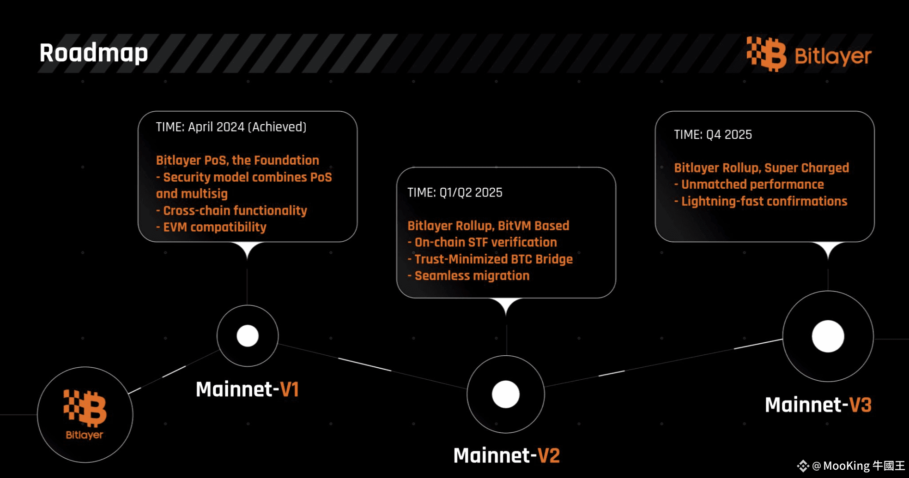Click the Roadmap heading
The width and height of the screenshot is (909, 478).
click(x=94, y=54)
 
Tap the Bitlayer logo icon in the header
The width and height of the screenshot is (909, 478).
click(x=767, y=54)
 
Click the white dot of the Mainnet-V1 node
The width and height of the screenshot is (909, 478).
click(x=248, y=336)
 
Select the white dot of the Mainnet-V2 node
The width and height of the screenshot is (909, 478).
click(x=506, y=394)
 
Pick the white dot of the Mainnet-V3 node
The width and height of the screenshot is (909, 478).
click(x=828, y=336)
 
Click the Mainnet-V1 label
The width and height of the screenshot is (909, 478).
click(x=247, y=389)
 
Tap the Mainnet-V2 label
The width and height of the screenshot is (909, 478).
click(x=507, y=455)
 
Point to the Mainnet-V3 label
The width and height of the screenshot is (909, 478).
click(x=818, y=405)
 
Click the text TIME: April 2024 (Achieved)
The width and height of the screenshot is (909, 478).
click(x=231, y=127)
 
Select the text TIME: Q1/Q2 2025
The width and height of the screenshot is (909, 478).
click(x=455, y=192)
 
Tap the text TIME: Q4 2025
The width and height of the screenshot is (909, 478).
click(x=713, y=134)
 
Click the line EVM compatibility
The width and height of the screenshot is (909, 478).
click(x=211, y=227)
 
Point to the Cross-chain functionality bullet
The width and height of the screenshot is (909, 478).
click(x=231, y=210)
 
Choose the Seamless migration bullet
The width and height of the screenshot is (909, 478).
click(x=468, y=275)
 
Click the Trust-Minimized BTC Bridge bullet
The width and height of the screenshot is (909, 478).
click(x=490, y=259)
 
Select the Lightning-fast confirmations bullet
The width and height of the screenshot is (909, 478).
click(x=761, y=201)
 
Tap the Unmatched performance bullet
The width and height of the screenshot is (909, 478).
click(x=749, y=184)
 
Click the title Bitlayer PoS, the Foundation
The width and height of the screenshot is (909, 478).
click(x=237, y=160)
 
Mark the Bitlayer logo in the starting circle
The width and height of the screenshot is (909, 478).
click(x=85, y=414)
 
